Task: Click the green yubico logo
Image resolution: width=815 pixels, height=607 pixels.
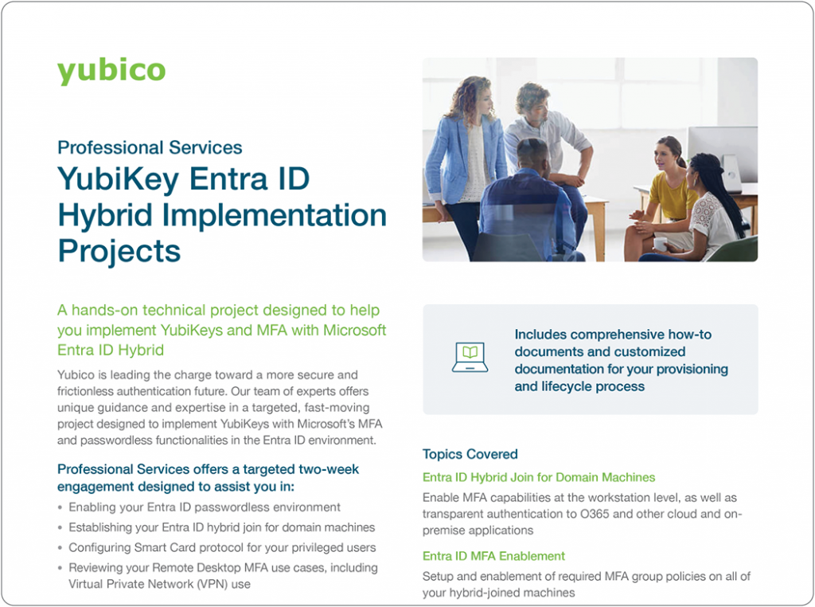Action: click(x=111, y=71)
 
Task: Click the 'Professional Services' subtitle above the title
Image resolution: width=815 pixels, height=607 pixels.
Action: click(x=150, y=147)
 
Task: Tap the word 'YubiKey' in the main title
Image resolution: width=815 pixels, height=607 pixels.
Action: click(x=118, y=179)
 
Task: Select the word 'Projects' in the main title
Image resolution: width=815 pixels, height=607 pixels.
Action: click(x=119, y=251)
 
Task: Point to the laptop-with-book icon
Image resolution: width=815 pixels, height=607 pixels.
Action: click(x=470, y=358)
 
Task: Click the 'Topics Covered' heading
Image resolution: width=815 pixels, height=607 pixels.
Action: click(x=470, y=454)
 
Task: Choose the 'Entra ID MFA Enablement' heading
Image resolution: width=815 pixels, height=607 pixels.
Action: click(x=493, y=556)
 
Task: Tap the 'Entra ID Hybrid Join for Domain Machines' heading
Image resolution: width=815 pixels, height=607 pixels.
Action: click(x=539, y=477)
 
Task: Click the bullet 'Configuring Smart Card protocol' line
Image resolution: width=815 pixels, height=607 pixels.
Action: click(x=222, y=548)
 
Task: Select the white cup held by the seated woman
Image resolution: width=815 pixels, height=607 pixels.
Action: click(x=660, y=243)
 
